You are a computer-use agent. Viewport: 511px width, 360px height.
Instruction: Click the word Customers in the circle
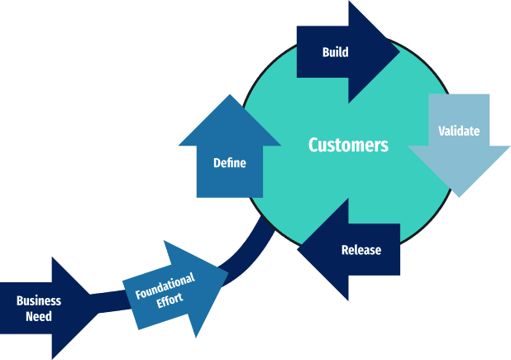coord(348,146)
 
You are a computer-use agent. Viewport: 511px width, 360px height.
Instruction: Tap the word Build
coord(335,53)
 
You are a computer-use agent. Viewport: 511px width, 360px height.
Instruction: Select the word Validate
coord(459,131)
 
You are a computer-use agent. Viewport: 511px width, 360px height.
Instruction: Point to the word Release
coord(361,250)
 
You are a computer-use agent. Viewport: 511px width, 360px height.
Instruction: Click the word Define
coord(229,163)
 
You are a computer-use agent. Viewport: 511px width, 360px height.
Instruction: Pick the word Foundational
coord(165,286)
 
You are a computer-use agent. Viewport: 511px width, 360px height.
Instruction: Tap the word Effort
coord(171,300)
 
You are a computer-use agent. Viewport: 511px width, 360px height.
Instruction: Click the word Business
coord(39,301)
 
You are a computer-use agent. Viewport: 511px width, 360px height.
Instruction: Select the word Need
coord(39,316)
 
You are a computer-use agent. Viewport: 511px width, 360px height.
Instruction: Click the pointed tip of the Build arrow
coord(399,51)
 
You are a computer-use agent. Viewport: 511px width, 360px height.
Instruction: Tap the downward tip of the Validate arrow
coord(459,196)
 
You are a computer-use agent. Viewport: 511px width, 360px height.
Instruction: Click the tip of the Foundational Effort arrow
coord(227,268)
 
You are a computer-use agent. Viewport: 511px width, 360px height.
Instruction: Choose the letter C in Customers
coord(314,146)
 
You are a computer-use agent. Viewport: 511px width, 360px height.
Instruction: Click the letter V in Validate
coord(442,131)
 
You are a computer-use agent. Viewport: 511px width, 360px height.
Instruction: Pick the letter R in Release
coord(345,250)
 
